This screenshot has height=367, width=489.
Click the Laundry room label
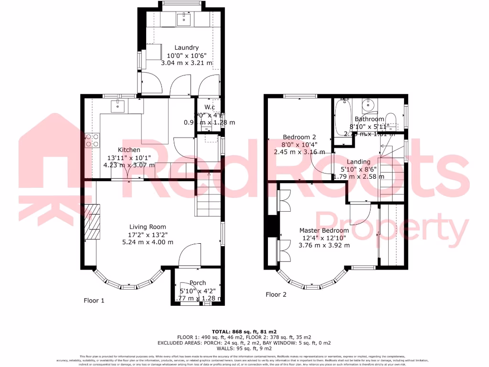pyautogui.click(x=186, y=48)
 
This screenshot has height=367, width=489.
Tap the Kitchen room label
pyautogui.click(x=116, y=150)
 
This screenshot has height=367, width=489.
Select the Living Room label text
pyautogui.click(x=148, y=227)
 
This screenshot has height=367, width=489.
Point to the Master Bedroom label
pyautogui.click(x=324, y=230)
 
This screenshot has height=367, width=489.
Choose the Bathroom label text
pyautogui.click(x=369, y=119)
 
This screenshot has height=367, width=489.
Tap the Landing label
pyautogui.click(x=358, y=162)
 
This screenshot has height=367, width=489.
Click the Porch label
pyautogui.click(x=198, y=283)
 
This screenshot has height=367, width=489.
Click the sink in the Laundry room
pyautogui.click(x=184, y=20)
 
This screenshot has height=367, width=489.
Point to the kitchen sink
pyautogui.click(x=117, y=106)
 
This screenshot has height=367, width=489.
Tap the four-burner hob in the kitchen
pyautogui.click(x=92, y=140)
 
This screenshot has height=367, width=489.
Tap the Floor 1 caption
pyautogui.click(x=94, y=301)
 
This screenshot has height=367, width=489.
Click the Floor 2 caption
pyautogui.click(x=276, y=294)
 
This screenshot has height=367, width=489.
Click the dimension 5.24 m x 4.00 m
pyautogui.click(x=148, y=242)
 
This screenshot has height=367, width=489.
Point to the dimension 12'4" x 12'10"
pyautogui.click(x=324, y=238)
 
